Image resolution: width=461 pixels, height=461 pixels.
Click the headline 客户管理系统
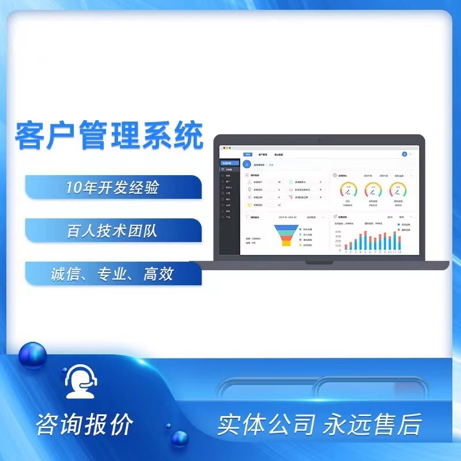pos(109,135)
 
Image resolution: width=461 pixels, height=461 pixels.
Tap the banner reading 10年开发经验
pos(113,187)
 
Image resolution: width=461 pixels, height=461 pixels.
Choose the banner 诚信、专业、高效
pos(112,274)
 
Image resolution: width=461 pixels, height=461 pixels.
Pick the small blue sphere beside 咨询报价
pos(180,439)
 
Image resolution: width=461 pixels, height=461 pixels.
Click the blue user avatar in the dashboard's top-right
pos(404,154)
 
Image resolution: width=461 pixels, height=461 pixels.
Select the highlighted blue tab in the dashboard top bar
pos(248,154)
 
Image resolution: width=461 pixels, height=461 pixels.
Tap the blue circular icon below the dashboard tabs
pos(247,164)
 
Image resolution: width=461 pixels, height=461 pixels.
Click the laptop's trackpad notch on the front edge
pos(319,262)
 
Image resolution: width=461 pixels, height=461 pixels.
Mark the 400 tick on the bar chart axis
pos(338,232)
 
